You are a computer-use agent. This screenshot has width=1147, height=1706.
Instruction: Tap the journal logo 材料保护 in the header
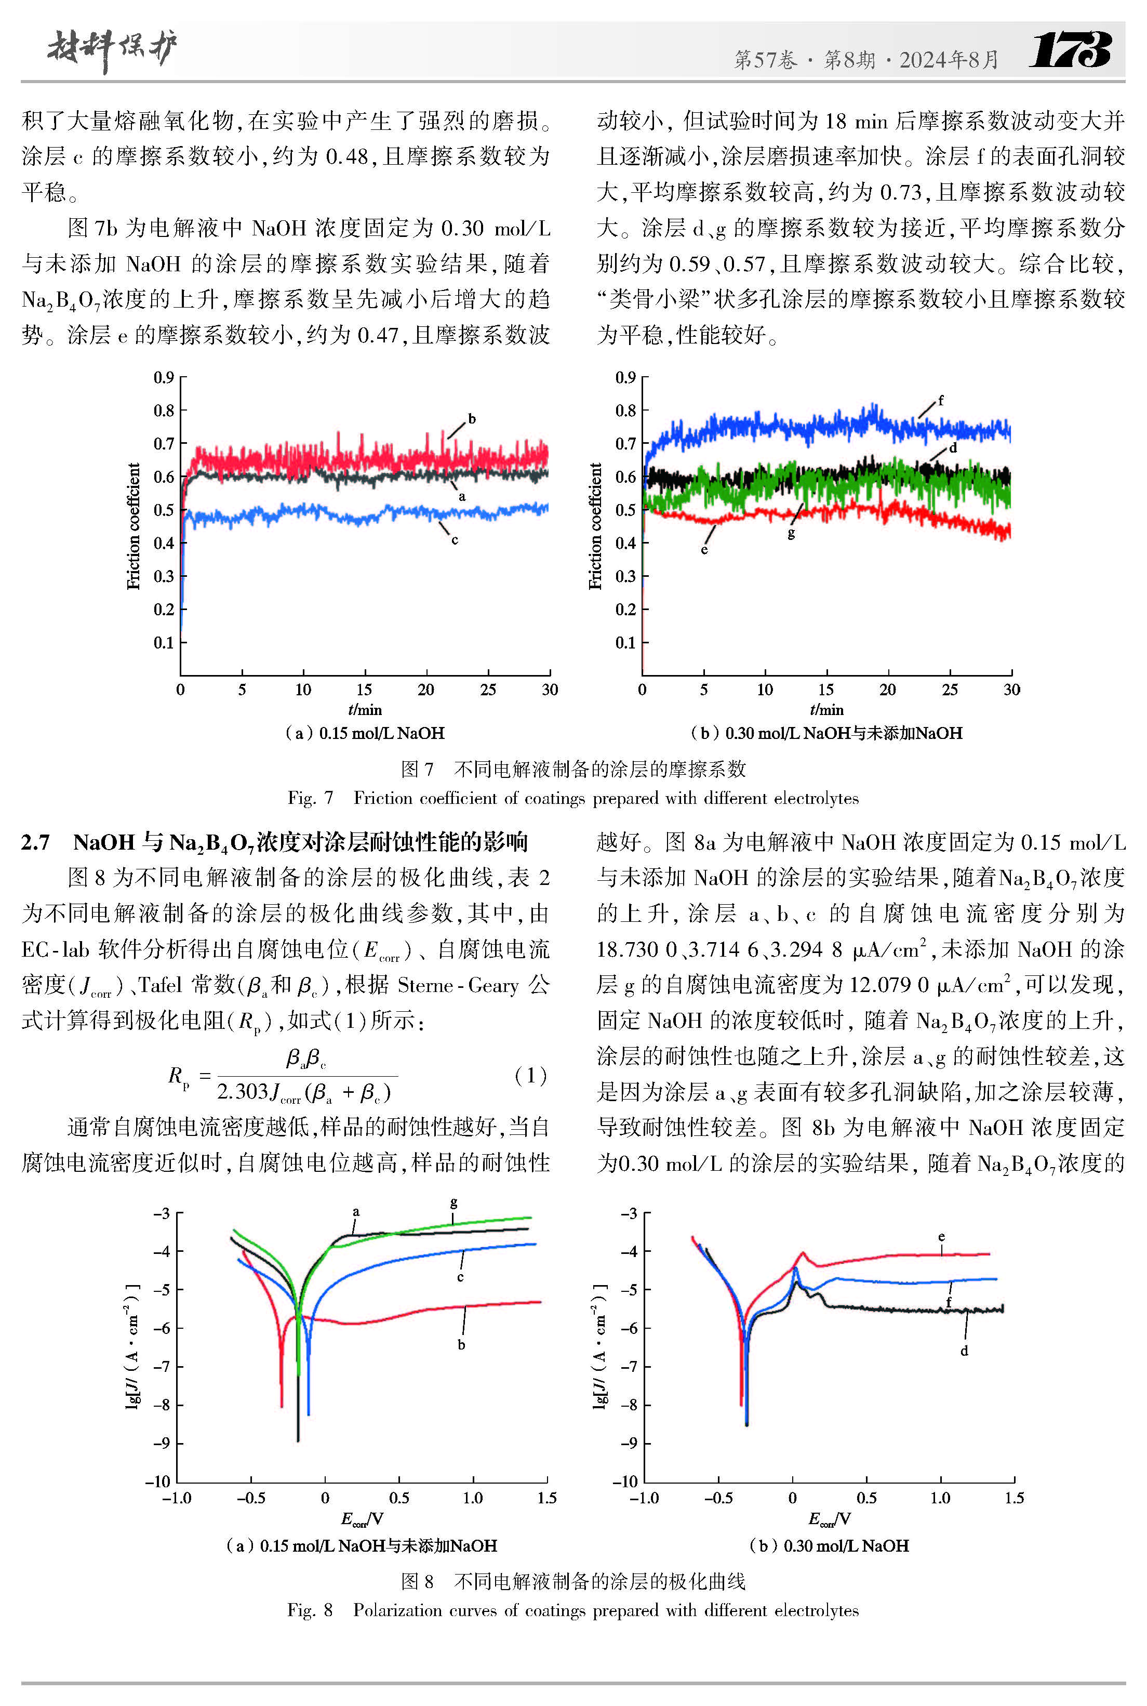tap(112, 50)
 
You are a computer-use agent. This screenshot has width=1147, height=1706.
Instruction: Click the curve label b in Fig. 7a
tap(472, 418)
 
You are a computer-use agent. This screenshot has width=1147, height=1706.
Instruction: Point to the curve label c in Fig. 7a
tap(454, 540)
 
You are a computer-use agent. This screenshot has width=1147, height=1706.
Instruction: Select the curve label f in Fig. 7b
tap(941, 400)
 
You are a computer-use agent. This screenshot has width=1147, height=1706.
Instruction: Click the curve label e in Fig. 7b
tap(704, 549)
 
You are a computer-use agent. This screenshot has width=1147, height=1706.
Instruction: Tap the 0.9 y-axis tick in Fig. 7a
tap(163, 377)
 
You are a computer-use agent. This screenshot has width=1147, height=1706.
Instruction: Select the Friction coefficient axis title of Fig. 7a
tap(132, 526)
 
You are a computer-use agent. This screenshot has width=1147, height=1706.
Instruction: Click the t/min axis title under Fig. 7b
tap(826, 710)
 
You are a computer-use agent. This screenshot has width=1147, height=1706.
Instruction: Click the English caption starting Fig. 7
tap(573, 798)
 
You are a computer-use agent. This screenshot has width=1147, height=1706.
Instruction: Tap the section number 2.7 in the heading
tap(35, 843)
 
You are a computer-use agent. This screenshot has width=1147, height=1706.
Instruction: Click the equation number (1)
tap(530, 1075)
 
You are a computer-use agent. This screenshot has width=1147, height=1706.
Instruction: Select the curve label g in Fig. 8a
tap(454, 1202)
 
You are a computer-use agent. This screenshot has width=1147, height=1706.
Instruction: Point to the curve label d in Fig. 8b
tap(964, 1351)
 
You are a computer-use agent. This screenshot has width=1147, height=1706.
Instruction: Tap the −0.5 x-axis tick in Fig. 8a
tap(251, 1498)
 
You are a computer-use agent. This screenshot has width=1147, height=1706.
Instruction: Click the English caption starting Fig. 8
tap(573, 1610)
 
